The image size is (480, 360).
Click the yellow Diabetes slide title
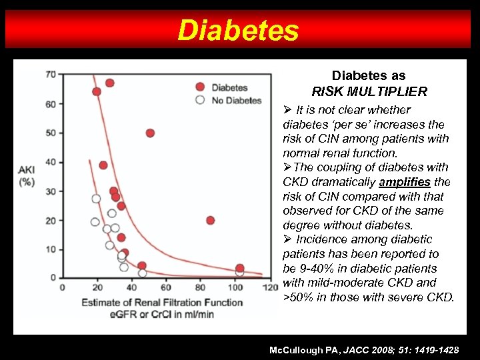(239, 30)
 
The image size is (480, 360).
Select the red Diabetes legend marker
(199, 87)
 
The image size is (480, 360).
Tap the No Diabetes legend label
(236, 100)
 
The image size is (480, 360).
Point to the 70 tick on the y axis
(51, 74)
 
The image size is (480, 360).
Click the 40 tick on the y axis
(51, 162)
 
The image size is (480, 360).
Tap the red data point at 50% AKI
(150, 133)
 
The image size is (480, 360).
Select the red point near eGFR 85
(211, 220)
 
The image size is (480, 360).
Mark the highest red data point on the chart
(109, 83)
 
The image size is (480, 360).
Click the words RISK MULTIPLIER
(369, 91)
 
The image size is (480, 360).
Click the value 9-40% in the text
(313, 268)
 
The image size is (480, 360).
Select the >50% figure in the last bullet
(297, 297)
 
